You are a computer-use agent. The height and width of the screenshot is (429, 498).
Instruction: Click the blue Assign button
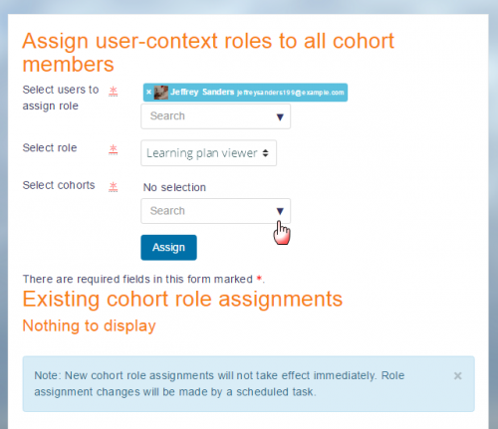click(168, 247)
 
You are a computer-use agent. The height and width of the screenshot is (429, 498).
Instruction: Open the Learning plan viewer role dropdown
click(208, 153)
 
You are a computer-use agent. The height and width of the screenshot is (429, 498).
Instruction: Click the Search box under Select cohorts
click(204, 211)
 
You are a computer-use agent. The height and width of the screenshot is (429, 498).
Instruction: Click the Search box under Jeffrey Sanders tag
click(204, 116)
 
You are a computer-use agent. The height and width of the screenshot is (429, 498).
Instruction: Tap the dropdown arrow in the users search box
click(281, 117)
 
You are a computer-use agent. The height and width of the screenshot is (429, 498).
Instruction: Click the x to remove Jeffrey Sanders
click(148, 93)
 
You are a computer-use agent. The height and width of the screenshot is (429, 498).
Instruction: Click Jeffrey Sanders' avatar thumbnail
click(161, 93)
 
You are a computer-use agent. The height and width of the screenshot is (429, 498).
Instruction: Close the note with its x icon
click(457, 375)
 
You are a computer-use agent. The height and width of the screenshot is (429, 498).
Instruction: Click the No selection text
click(174, 187)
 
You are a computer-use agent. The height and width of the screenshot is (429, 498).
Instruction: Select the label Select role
click(50, 148)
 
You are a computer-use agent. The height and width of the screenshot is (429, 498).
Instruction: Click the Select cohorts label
click(59, 185)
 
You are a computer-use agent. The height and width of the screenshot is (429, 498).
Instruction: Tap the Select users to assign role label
click(56, 98)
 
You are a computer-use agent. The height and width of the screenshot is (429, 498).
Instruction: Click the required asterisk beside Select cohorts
click(113, 187)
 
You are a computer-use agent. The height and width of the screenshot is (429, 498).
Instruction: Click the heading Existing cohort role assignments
click(182, 299)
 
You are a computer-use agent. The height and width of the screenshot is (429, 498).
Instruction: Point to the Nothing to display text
click(89, 325)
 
